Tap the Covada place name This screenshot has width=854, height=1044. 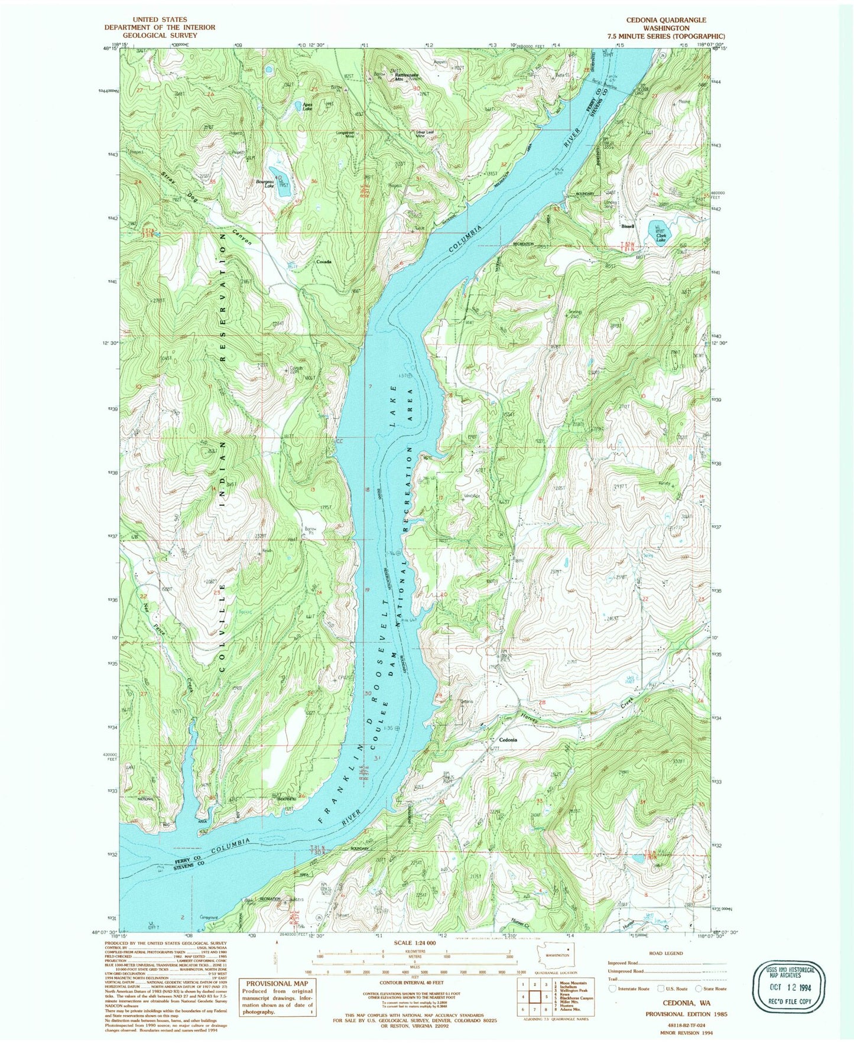pyautogui.click(x=323, y=261)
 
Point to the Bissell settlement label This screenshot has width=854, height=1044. pyautogui.click(x=627, y=226)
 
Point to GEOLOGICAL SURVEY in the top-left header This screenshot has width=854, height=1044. pyautogui.click(x=160, y=35)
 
